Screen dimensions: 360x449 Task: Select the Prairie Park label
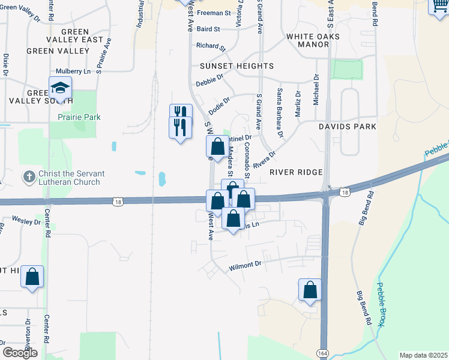coord(77,117)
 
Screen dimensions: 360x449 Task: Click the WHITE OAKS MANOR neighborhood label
coord(313,40)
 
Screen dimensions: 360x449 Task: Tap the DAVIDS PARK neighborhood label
coord(348,127)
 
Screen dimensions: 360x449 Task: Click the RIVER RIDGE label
coord(297,172)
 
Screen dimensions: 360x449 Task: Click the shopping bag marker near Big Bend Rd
coord(310,290)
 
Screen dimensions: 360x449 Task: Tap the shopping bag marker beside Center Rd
coord(32,278)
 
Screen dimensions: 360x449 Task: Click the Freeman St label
coord(214,13)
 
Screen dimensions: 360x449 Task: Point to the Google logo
coord(20,353)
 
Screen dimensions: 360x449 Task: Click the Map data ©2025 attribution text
coord(423,355)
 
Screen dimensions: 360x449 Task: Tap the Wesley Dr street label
coord(25,220)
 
